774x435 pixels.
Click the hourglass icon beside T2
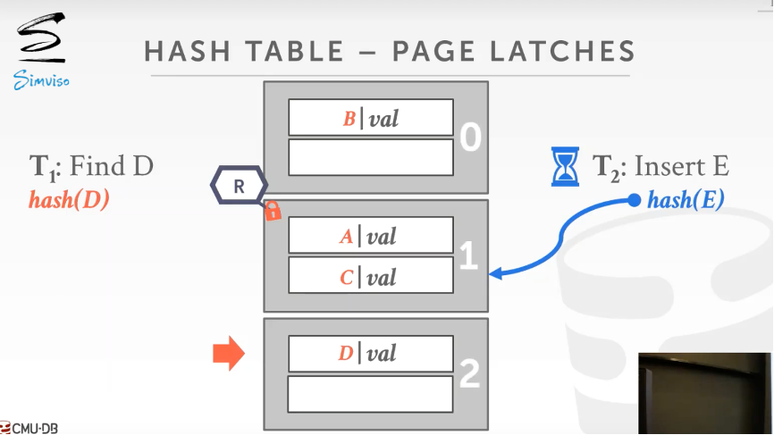coord(565,166)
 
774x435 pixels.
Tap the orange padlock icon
coord(273,212)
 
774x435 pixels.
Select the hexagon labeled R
coord(239,186)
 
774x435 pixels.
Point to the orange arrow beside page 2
coord(228,354)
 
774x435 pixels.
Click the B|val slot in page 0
coord(370,118)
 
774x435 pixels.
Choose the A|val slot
coord(370,237)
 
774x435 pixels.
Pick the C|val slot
coord(370,277)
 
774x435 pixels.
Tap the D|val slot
coord(370,354)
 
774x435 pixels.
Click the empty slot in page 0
coord(370,157)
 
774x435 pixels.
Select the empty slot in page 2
coord(370,393)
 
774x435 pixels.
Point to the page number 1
coord(468,256)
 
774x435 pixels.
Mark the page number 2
coord(469,374)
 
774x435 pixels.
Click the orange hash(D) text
coord(69,199)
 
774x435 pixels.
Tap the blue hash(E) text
coord(685,200)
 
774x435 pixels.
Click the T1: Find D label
coord(91,166)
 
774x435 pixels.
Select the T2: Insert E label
coord(660,166)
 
